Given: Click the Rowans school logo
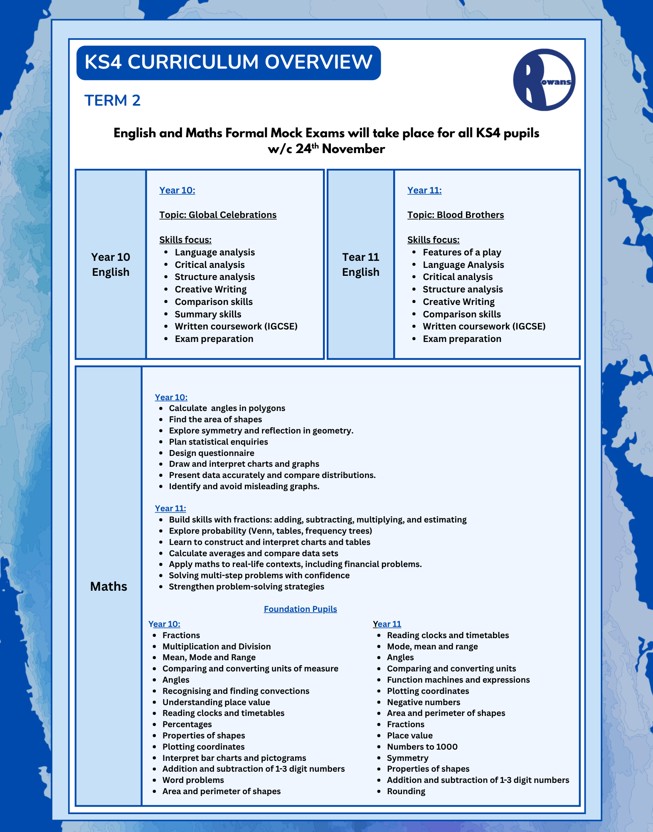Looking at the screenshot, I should coord(544,80).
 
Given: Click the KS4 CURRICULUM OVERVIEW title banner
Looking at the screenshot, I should coord(228,62).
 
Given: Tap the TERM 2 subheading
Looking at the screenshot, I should coord(112,100).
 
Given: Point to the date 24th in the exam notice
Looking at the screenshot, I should coord(307,149).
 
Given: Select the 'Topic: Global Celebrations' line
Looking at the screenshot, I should coord(218,215).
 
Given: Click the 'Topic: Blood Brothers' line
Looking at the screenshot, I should coord(455,215).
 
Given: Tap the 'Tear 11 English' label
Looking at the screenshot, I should coord(360,264).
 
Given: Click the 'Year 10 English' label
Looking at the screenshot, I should coord(111,264).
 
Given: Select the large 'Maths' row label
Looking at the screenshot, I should coord(108,586).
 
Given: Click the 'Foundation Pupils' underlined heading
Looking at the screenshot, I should coord(300,609).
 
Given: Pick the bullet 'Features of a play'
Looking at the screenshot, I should coord(462,252).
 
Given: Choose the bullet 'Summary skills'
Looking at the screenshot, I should coord(208,314).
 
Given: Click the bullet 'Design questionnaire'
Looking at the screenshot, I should coord(211,453).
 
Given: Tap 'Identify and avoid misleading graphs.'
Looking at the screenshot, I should coord(244,486).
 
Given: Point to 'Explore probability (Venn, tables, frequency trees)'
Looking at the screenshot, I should coord(270,531).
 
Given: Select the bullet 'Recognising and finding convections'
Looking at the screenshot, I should coord(236,691).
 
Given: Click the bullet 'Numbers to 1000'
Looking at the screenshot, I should coord(422,747).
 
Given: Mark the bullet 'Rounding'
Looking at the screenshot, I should coord(406,791).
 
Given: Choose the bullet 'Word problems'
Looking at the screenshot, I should coord(193,780).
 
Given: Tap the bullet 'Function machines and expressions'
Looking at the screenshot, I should coord(458,680).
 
